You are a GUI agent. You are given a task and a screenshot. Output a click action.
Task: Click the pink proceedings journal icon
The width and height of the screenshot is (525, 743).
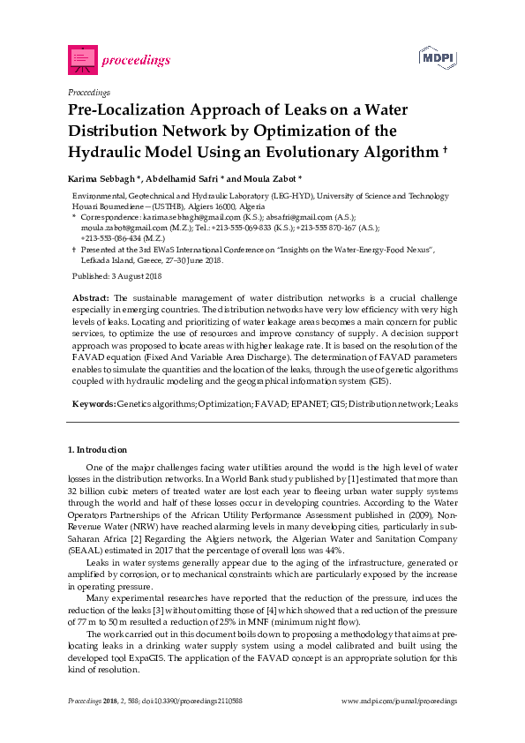(x=82, y=59)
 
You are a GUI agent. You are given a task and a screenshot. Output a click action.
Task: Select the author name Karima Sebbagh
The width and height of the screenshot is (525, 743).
(x=101, y=176)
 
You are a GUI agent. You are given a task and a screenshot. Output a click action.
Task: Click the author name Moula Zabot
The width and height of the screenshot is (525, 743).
(x=275, y=176)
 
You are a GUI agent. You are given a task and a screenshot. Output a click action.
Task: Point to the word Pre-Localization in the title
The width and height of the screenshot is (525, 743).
(x=127, y=111)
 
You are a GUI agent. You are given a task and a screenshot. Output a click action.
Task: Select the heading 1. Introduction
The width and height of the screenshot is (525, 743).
(x=98, y=450)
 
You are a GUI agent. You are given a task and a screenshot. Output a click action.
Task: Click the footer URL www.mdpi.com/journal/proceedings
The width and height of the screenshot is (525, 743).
(x=399, y=701)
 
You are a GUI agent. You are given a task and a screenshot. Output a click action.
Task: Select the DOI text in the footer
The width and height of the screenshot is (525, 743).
(x=185, y=701)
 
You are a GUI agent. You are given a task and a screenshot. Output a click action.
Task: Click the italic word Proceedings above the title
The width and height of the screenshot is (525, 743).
(x=88, y=92)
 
